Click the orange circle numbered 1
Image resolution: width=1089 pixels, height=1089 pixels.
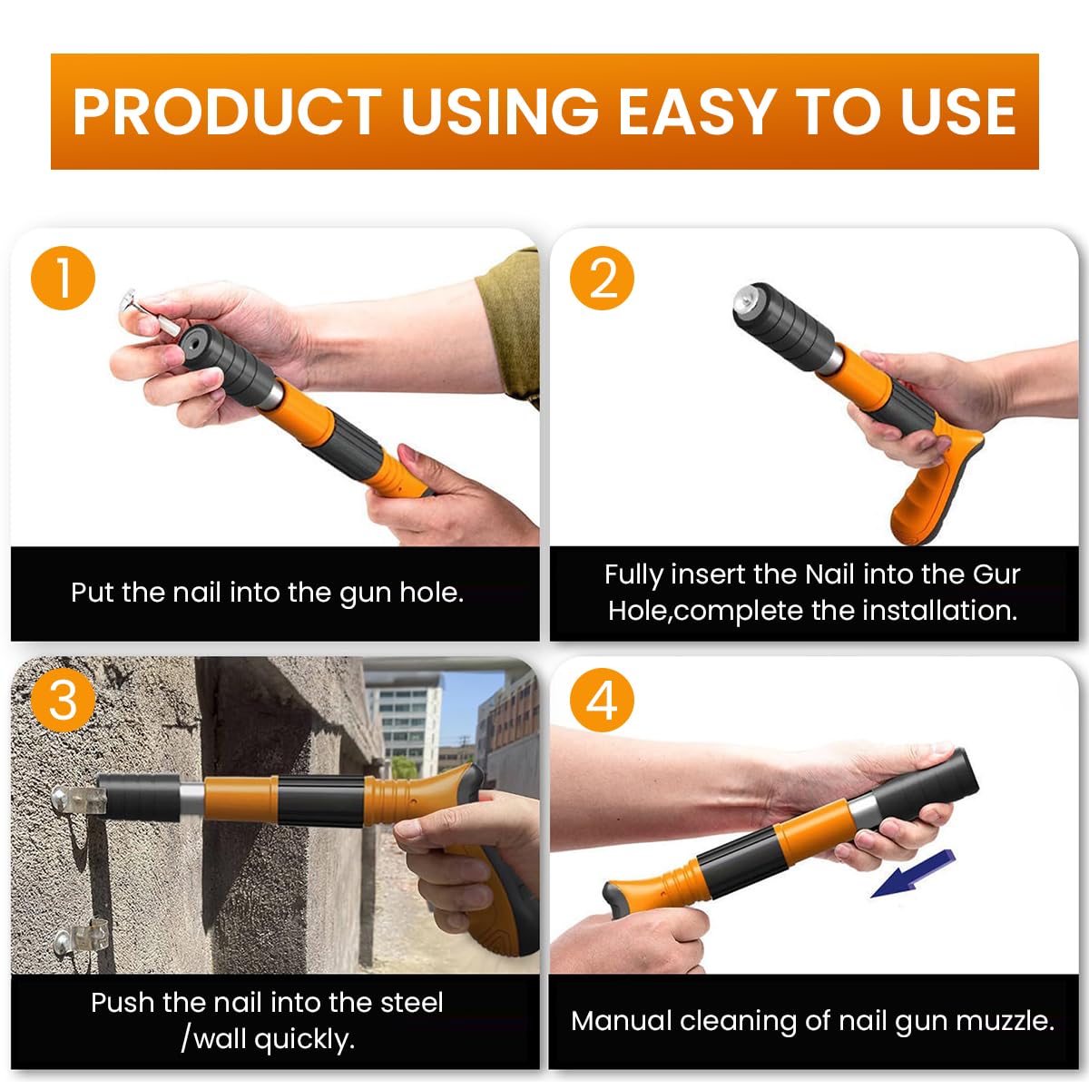click(x=63, y=278)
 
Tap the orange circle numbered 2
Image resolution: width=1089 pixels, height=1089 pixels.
click(x=603, y=278)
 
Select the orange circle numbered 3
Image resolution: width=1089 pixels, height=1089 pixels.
click(x=63, y=701)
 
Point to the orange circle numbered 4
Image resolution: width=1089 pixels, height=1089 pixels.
click(x=603, y=701)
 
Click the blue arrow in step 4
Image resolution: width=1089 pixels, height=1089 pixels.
click(x=912, y=874)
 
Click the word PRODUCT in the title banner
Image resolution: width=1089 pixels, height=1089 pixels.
click(x=227, y=113)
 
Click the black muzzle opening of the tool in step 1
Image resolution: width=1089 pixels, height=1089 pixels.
click(x=193, y=344)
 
